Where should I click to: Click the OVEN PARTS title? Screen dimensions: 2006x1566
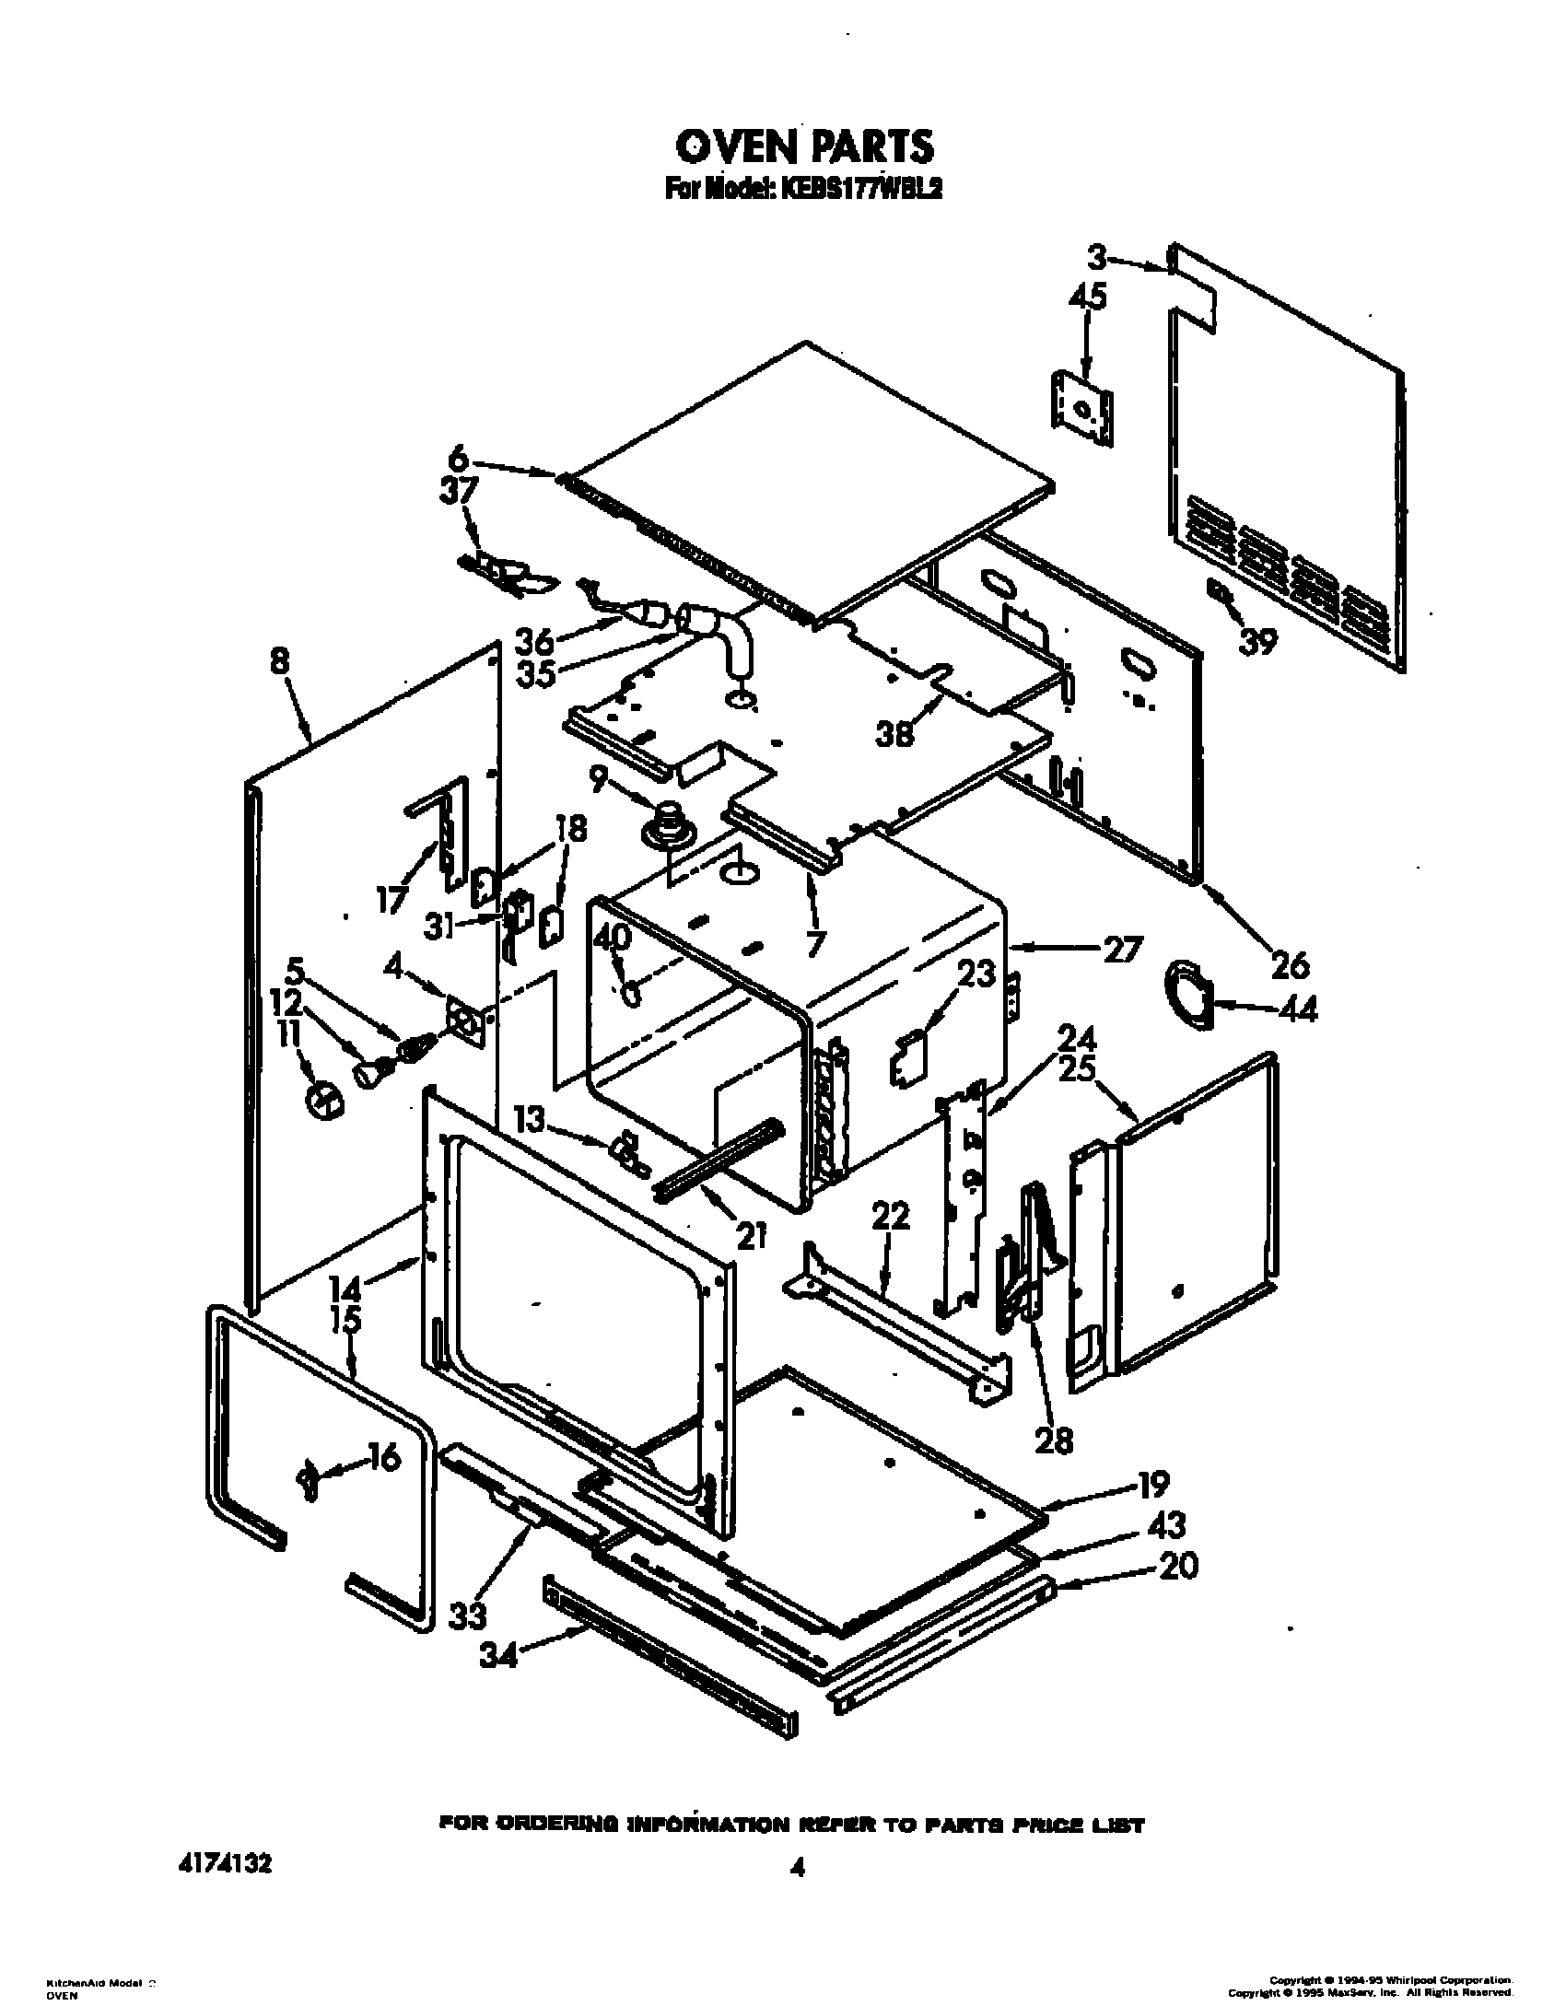(x=804, y=145)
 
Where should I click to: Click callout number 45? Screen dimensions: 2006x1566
(x=1087, y=297)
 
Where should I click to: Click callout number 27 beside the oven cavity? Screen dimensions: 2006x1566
(x=1123, y=948)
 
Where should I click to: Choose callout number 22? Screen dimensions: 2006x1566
(x=890, y=1216)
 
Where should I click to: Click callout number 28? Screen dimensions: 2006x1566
(x=1053, y=1440)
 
